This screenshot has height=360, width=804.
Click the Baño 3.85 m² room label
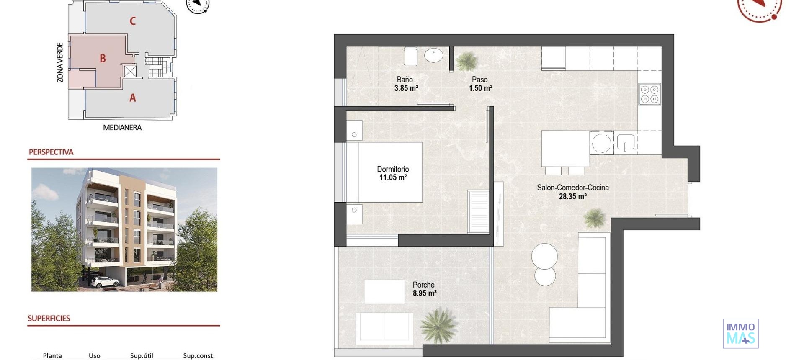pyautogui.click(x=406, y=84)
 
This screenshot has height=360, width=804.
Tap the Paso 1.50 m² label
pyautogui.click(x=480, y=84)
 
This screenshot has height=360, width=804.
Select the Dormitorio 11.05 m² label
pyautogui.click(x=393, y=173)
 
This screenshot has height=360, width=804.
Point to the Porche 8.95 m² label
pyautogui.click(x=424, y=289)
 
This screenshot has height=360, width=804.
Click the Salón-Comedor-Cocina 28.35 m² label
pyautogui.click(x=572, y=192)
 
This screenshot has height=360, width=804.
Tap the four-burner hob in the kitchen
pyautogui.click(x=649, y=94)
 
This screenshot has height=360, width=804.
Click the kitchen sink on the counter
pyautogui.click(x=625, y=142)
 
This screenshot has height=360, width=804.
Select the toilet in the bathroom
pyautogui.click(x=410, y=57)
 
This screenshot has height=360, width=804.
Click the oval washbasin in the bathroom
pyautogui.click(x=433, y=55)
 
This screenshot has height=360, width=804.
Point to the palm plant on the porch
pyautogui.click(x=438, y=326)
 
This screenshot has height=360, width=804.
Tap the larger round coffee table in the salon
pyautogui.click(x=544, y=256)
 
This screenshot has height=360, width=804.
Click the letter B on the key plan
pyautogui.click(x=103, y=59)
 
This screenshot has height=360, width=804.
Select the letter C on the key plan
pyautogui.click(x=132, y=21)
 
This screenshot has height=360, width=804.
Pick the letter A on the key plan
pyautogui.click(x=132, y=98)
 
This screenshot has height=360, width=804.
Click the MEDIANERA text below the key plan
pyautogui.click(x=122, y=127)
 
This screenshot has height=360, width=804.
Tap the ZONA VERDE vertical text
pyautogui.click(x=60, y=62)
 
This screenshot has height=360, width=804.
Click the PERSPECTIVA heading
pyautogui.click(x=51, y=152)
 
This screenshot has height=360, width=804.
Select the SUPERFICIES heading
pyautogui.click(x=49, y=318)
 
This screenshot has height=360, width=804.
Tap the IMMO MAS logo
pyautogui.click(x=740, y=333)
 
